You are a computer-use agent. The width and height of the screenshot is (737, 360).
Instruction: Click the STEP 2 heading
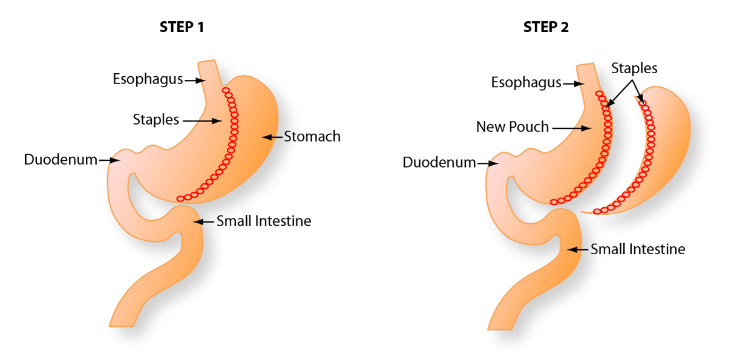pos(546,27)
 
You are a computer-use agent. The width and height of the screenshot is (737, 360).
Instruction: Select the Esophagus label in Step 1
pos(148,79)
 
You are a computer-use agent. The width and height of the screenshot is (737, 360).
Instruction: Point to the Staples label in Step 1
pos(156,120)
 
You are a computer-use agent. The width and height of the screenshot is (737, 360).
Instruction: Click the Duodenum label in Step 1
pos(61,160)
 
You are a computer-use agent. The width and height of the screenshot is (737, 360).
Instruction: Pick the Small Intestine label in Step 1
pos(264,221)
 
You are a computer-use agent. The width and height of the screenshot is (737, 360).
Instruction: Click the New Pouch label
pos(513,128)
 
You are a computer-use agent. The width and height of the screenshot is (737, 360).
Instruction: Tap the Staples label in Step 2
pos(634,68)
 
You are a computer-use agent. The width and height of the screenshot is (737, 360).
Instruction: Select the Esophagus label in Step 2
pos(525,83)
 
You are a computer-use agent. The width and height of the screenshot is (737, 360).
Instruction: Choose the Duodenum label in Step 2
pos(439,163)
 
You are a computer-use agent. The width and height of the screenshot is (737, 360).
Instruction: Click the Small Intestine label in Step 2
pos(638,249)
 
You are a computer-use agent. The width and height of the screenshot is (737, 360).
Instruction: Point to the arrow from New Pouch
pos(571,128)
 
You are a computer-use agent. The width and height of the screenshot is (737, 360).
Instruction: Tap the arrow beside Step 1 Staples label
pos(202,121)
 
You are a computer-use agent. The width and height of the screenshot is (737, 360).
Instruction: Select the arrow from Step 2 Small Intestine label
pos(577,249)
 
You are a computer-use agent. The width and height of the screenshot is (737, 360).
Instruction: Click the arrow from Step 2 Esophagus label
pos(572,83)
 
